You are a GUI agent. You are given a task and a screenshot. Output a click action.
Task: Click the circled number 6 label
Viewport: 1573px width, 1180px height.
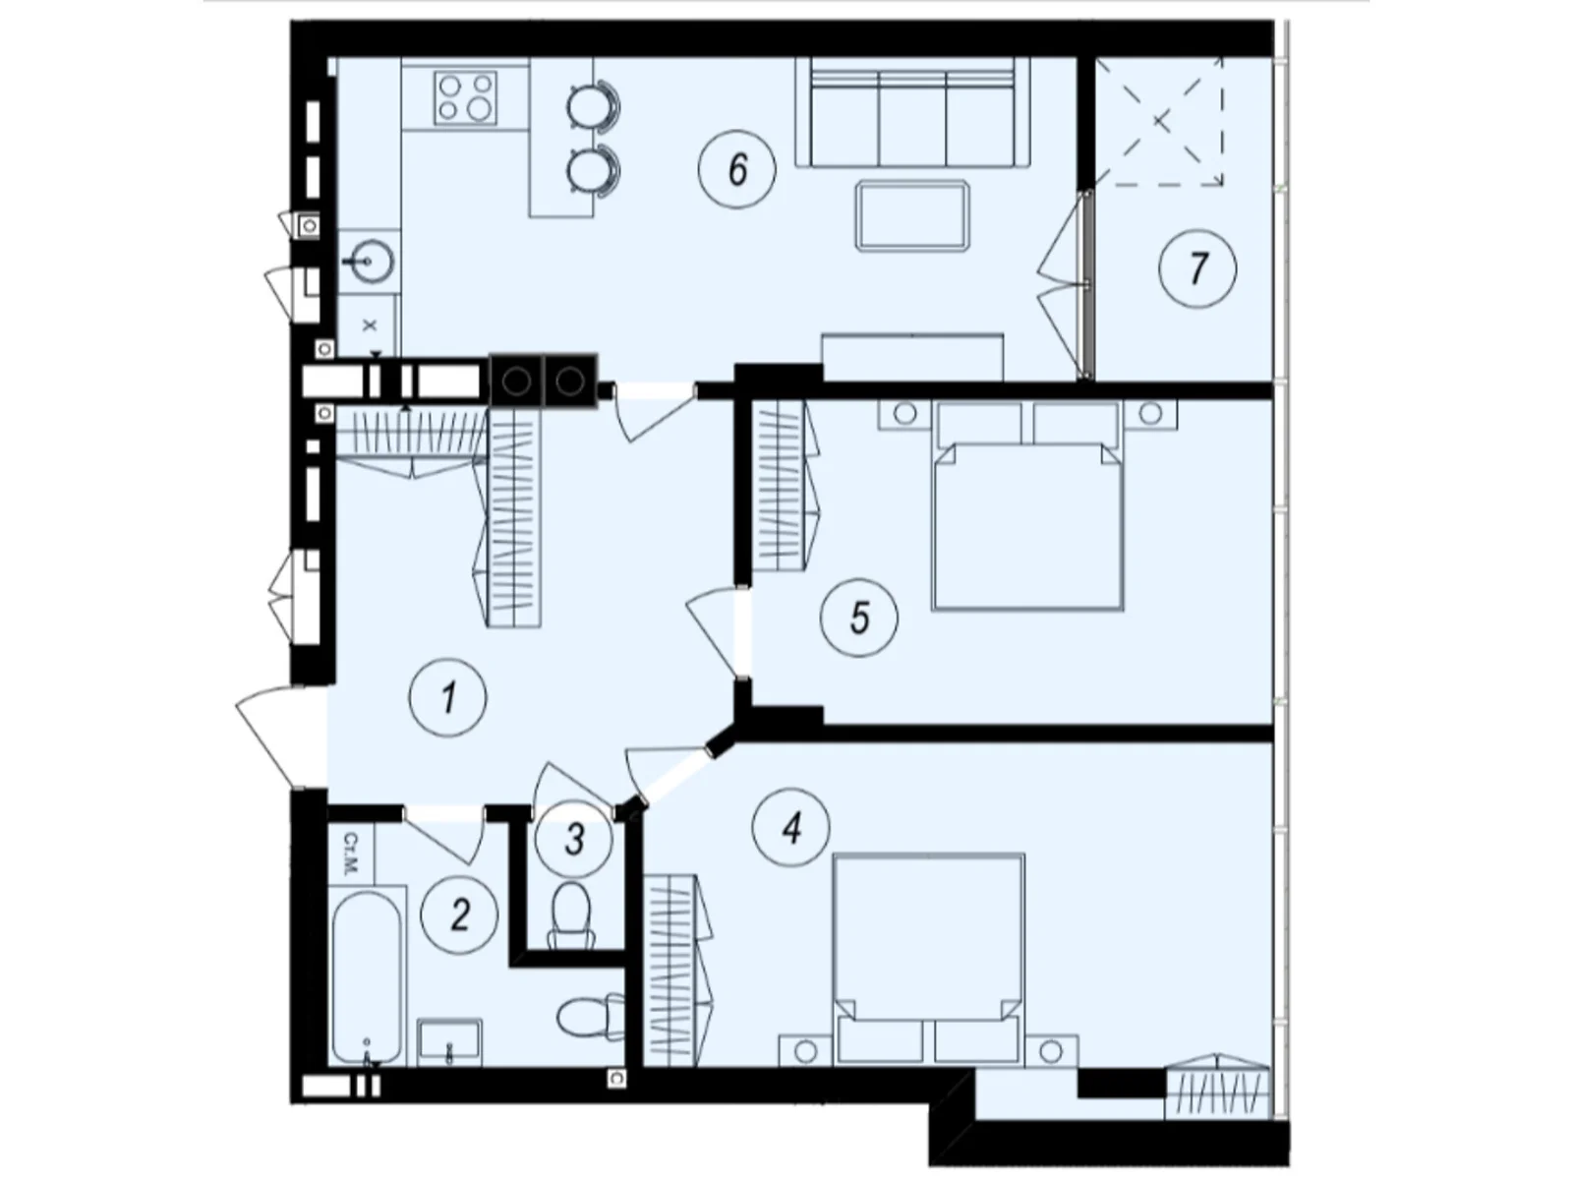click(737, 169)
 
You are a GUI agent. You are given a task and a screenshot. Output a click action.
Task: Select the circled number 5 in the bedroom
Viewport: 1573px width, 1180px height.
click(859, 619)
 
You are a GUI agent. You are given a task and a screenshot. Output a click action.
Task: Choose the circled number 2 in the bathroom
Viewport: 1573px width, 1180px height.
click(459, 915)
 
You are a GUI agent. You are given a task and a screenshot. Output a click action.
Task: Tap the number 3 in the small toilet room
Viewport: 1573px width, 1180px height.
click(575, 839)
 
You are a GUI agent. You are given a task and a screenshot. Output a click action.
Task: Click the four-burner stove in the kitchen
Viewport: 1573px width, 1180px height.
click(465, 97)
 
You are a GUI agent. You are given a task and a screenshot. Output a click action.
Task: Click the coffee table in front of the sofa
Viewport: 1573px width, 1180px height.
click(912, 214)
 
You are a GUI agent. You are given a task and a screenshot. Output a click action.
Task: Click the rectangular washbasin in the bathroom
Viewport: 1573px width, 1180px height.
click(449, 1041)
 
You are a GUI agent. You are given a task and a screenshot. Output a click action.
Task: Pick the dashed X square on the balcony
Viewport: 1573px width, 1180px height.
click(1161, 121)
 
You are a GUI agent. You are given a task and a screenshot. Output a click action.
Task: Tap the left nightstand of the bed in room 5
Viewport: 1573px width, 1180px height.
click(904, 414)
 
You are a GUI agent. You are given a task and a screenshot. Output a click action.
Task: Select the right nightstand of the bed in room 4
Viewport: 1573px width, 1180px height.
click(1051, 1050)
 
